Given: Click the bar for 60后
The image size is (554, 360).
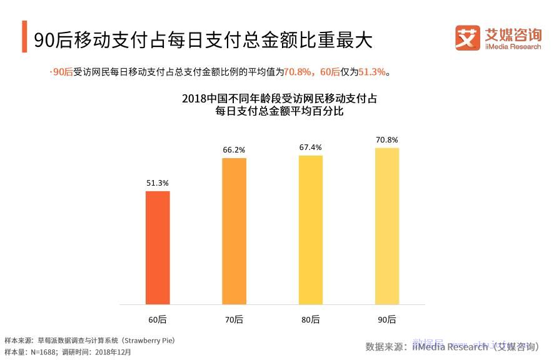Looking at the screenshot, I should [x=158, y=247].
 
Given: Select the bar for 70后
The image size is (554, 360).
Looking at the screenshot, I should [x=234, y=231].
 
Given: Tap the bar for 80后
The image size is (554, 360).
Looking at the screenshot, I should [x=311, y=229].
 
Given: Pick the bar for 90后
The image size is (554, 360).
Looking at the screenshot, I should [x=387, y=226].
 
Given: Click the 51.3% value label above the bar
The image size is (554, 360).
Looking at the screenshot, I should [x=158, y=182].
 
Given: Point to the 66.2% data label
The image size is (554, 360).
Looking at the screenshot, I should [x=234, y=150].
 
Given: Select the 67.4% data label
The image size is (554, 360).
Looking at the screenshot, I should [x=311, y=147].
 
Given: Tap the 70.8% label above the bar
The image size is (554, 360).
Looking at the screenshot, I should [x=387, y=139].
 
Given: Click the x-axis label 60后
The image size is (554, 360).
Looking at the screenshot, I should [x=158, y=319].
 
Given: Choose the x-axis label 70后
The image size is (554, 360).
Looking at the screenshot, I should [x=234, y=319].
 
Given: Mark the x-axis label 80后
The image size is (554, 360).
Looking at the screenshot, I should [x=311, y=319].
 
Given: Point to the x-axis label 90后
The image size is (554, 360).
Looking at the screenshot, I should [x=387, y=319].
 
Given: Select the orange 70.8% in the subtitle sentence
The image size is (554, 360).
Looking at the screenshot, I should [x=298, y=72].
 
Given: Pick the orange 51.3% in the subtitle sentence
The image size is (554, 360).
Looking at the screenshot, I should [x=372, y=72].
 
